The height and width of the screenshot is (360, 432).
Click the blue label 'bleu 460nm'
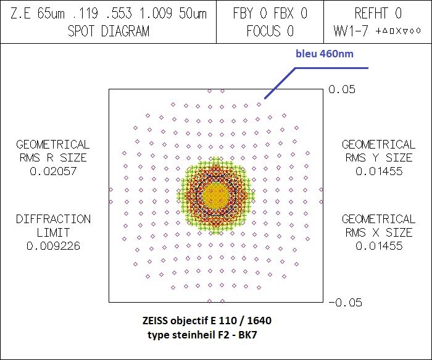pyautogui.click(x=324, y=54)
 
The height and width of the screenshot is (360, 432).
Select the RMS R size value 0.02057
pyautogui.click(x=52, y=171)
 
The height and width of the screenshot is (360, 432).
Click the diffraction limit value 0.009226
pyautogui.click(x=52, y=246)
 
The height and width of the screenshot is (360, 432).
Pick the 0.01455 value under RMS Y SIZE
pyautogui.click(x=379, y=171)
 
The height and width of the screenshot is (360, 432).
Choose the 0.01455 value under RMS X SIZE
pyautogui.click(x=379, y=246)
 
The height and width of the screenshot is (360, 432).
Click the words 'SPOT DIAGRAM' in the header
pyautogui.click(x=108, y=31)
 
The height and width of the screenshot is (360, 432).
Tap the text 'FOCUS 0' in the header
pyautogui.click(x=270, y=31)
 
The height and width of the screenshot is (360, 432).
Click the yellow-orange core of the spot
pyautogui.click(x=216, y=195)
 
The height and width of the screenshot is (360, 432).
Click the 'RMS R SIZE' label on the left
pyautogui.click(x=52, y=158)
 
